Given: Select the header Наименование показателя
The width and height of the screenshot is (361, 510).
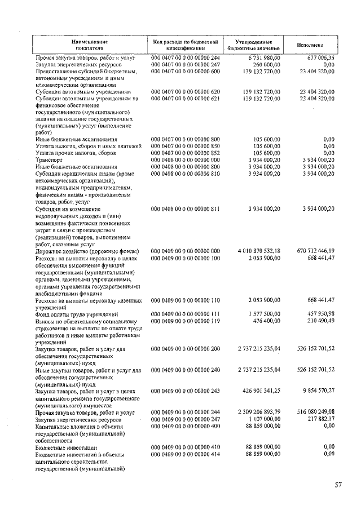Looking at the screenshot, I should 90,45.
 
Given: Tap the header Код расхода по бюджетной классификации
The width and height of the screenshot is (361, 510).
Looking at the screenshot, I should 185,45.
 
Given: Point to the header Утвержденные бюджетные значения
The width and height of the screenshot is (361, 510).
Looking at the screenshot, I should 254,45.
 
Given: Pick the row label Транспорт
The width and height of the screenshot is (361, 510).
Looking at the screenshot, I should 50,160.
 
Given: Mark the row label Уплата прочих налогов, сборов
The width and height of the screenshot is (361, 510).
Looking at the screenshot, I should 76,153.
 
